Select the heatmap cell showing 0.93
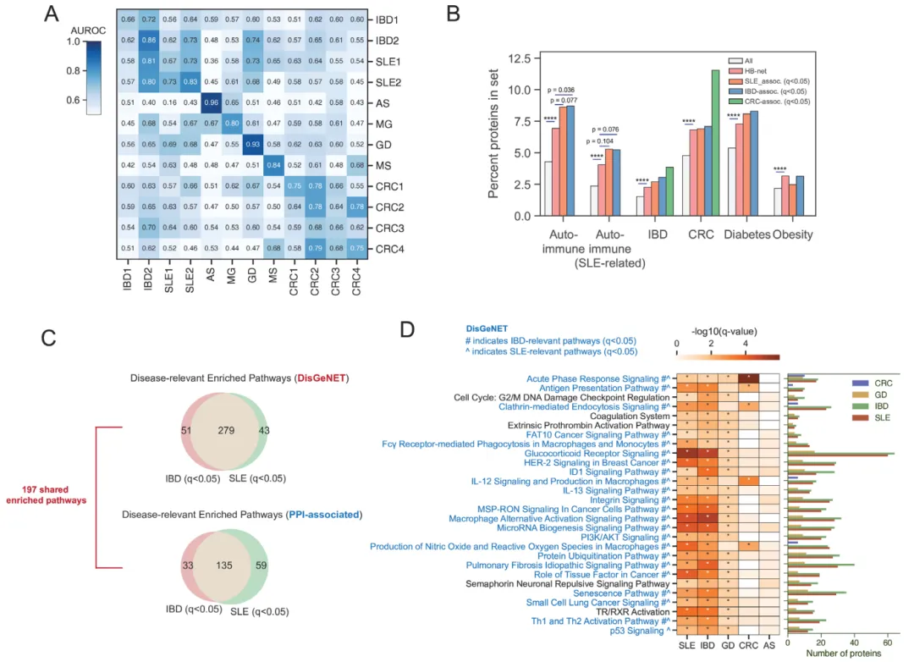(x=252, y=144)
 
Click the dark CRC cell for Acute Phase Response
(x=747, y=378)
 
